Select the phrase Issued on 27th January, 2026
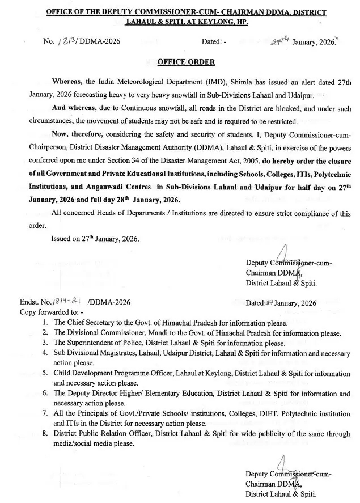tap(95, 239)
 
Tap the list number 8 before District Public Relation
tap(45, 434)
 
